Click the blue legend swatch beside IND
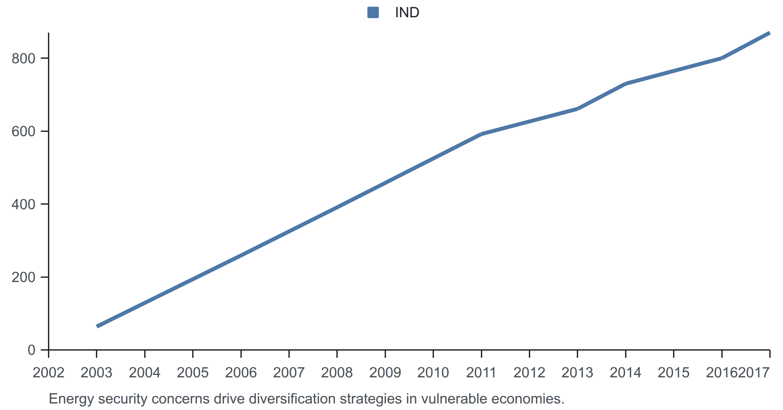coord(373,12)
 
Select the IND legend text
coord(407,12)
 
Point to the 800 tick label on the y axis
coord(23,58)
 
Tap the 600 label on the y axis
coord(23,131)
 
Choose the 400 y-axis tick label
coord(23,204)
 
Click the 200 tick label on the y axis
coord(23,277)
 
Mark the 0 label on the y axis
coord(32,350)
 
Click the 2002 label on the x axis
coord(49,372)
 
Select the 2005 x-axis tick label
coord(193,372)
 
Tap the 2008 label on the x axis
coord(337,372)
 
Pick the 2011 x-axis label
coord(481,372)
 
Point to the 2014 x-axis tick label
coord(625,372)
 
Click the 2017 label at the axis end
coord(754,372)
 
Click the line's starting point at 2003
coord(97,326)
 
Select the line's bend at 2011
coord(481,134)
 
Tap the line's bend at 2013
coord(577,109)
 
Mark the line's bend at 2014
coord(625,84)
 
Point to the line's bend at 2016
coord(722,58)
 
